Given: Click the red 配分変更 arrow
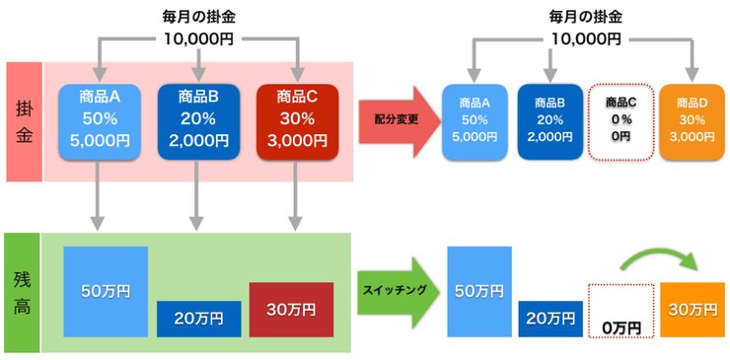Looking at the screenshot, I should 396,118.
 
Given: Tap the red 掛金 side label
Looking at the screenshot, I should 24,121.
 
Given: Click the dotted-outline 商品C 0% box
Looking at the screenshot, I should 620,122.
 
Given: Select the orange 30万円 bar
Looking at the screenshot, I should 692,309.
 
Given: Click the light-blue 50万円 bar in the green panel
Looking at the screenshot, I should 106,292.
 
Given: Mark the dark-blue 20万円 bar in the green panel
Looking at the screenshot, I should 198,318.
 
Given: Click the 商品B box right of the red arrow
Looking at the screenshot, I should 549,122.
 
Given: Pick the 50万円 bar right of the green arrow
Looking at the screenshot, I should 479,292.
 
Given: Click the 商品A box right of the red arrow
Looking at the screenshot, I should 476,122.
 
